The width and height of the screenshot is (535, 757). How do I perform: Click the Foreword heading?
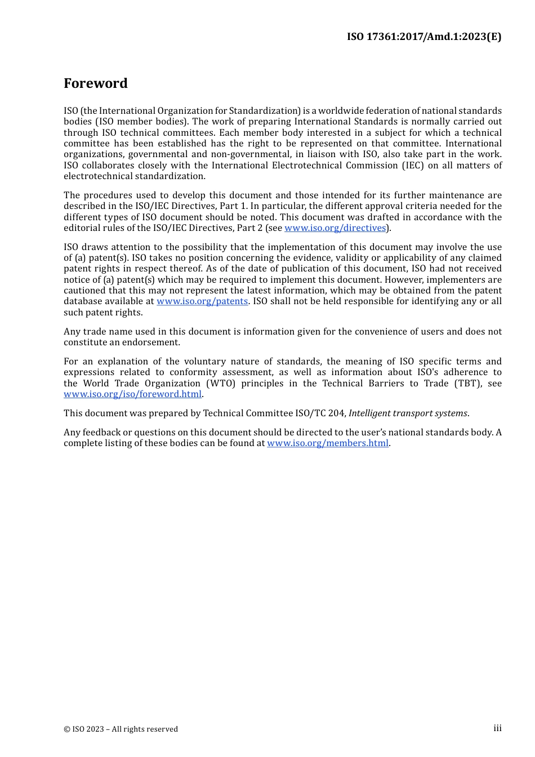coord(96,83)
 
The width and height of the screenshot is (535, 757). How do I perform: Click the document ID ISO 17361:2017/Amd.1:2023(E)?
coord(423,37)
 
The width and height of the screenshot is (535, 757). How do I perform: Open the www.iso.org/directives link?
coord(335,228)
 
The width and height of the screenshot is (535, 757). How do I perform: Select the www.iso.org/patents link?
coord(202,301)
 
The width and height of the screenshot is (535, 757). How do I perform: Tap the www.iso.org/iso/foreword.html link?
coord(132,394)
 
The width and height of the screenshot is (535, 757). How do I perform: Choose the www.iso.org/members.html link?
coord(328,443)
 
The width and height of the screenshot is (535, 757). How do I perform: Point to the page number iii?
coord(497,728)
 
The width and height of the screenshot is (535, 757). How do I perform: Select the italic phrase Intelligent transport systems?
coord(408,413)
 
